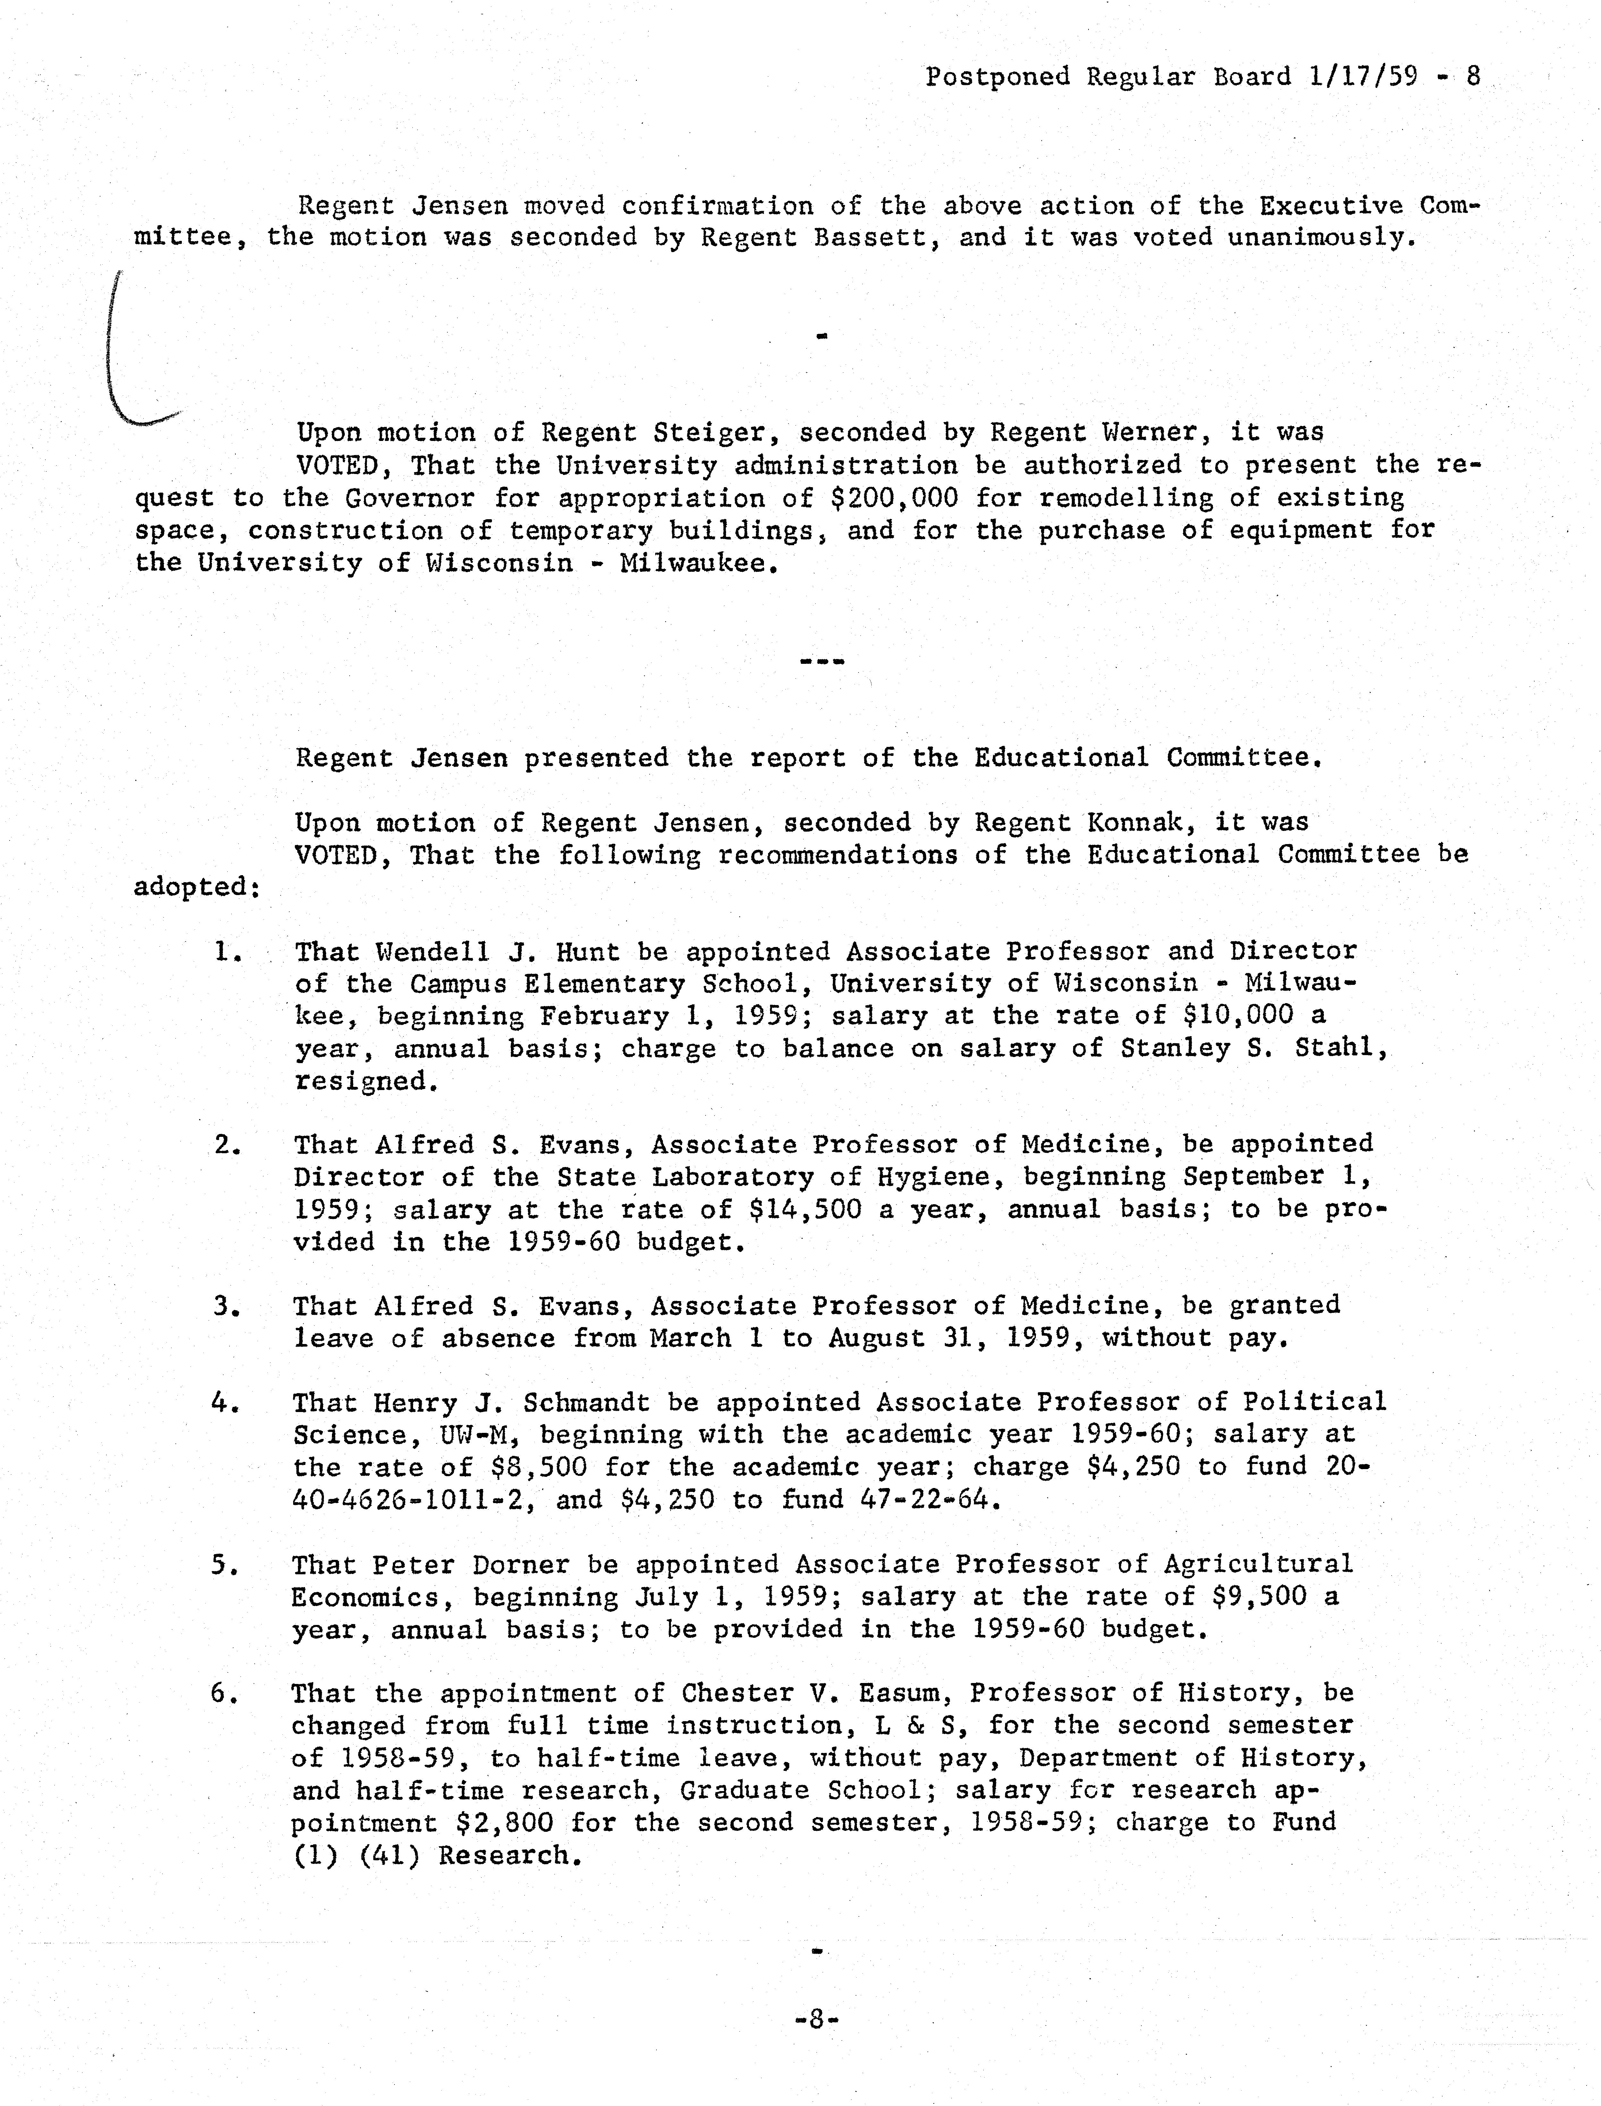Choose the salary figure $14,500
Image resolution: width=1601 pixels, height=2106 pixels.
click(x=805, y=1209)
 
